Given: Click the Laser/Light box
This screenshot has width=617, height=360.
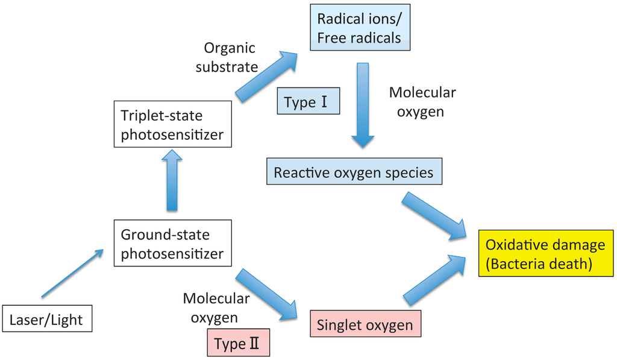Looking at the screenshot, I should tap(47, 319).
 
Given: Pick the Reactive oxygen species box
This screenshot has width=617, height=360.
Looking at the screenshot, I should tap(354, 172).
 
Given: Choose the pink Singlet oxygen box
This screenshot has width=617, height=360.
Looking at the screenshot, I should tap(365, 325).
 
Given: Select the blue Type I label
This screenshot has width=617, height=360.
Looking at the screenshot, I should tap(308, 102).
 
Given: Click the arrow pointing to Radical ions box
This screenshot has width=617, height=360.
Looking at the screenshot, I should tap(266, 75).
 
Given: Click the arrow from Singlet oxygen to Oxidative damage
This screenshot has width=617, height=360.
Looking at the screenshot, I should tap(434, 280).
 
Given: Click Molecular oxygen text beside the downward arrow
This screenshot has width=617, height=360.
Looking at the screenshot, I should tap(422, 101).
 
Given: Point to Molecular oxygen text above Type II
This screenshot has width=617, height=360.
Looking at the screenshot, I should tap(216, 307).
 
